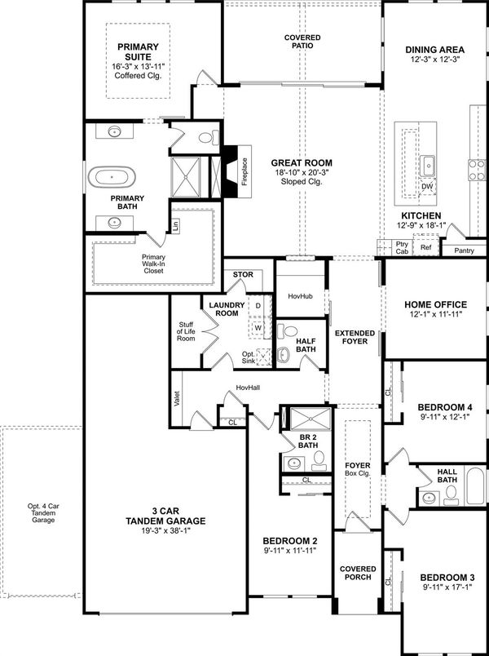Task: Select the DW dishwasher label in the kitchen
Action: click(427, 187)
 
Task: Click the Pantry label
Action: click(464, 250)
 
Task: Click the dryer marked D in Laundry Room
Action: click(258, 305)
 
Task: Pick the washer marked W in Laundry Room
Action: click(258, 326)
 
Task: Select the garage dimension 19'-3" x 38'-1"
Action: click(165, 532)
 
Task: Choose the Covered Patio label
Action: click(302, 42)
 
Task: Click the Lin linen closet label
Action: click(174, 225)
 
